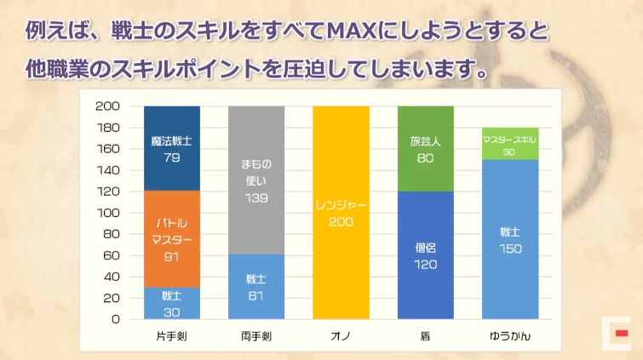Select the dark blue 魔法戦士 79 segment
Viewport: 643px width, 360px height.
coord(171,147)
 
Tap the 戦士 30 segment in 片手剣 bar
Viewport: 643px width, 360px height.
coord(171,303)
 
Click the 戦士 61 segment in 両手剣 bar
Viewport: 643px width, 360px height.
coord(255,286)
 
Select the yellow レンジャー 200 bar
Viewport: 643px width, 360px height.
coord(341,213)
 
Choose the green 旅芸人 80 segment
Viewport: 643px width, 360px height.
coord(425,148)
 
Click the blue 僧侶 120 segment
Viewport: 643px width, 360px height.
coord(425,254)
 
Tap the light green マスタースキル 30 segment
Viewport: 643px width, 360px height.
coord(509,143)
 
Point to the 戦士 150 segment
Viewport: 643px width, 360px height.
coord(509,239)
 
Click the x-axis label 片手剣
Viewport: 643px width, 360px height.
coord(171,336)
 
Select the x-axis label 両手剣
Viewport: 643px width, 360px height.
coord(255,336)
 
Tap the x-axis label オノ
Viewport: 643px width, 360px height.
coord(341,336)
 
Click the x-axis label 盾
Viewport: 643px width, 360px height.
coord(425,336)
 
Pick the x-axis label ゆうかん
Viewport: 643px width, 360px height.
coord(509,336)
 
